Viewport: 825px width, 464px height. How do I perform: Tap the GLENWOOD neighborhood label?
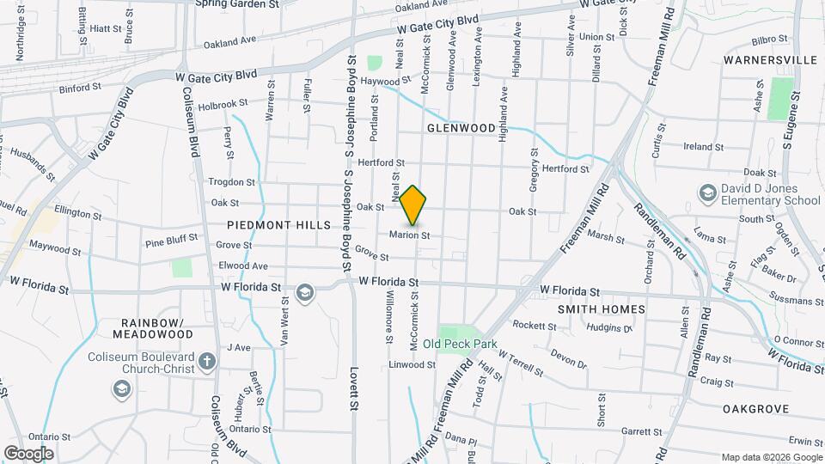point(461,128)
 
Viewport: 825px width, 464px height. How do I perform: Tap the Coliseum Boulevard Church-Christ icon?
point(206,362)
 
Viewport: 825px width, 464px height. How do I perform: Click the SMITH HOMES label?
point(602,308)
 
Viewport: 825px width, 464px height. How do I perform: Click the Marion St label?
point(409,235)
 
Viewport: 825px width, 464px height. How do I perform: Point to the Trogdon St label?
point(231,182)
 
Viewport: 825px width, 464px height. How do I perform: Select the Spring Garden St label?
point(238,4)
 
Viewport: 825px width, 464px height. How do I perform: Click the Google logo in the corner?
point(28,453)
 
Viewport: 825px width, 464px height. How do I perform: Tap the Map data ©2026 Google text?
point(772,457)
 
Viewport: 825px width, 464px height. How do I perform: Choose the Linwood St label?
point(412,365)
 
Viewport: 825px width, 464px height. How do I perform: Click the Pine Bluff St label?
point(171,242)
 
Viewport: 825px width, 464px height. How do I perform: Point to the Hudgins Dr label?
point(608,327)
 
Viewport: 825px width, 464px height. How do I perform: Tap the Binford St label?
point(81,88)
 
